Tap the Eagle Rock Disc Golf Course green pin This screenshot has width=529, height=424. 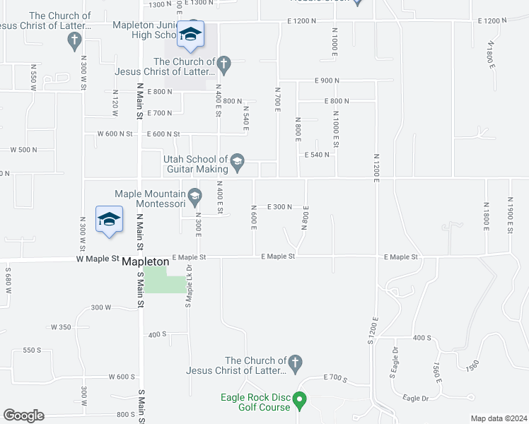pyautogui.click(x=299, y=401)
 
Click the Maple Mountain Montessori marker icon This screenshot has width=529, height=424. pyautogui.click(x=194, y=196)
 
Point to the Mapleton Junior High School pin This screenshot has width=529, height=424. pyautogui.click(x=190, y=35)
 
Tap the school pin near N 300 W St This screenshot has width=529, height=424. pyautogui.click(x=109, y=220)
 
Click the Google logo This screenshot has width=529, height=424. pyautogui.click(x=23, y=416)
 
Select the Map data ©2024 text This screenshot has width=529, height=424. pyautogui.click(x=499, y=418)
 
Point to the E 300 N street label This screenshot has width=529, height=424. pyautogui.click(x=279, y=207)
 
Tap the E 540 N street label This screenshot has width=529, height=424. pyautogui.click(x=317, y=155)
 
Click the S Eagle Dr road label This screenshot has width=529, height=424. pyautogui.click(x=393, y=361)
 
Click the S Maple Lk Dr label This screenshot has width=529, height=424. pyautogui.click(x=189, y=285)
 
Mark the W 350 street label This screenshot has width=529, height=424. pyautogui.click(x=61, y=327)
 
